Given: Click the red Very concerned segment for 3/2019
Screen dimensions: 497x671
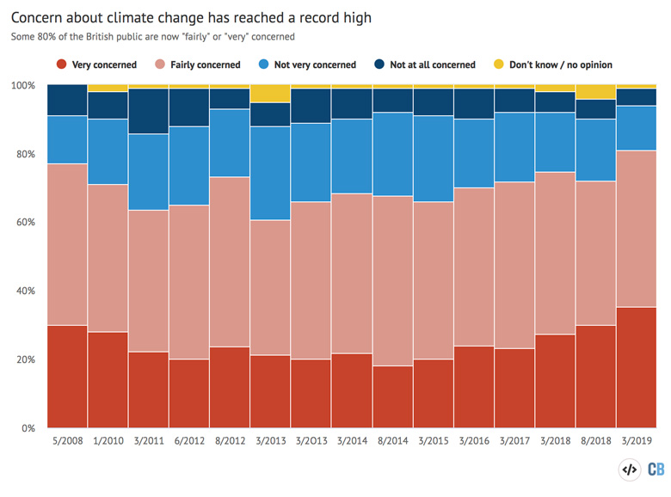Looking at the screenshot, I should pyautogui.click(x=636, y=367).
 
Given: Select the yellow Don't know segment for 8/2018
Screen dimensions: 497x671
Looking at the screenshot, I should pyautogui.click(x=595, y=92).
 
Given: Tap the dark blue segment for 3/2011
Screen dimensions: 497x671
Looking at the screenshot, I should pyautogui.click(x=149, y=111).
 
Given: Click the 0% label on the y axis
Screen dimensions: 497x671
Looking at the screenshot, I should pyautogui.click(x=29, y=427).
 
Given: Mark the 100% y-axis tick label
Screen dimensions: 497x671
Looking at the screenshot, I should pyautogui.click(x=23, y=86).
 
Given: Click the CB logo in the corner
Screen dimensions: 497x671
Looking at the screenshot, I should pyautogui.click(x=656, y=469).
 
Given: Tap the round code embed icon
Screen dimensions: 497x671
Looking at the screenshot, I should pyautogui.click(x=629, y=469).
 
